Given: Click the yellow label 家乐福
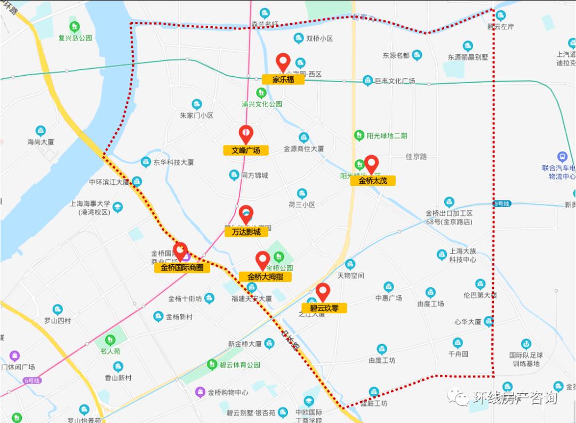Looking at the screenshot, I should pos(283,79).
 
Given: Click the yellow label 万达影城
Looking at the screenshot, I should pos(246,232).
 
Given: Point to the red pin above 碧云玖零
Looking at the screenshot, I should pos(323,292).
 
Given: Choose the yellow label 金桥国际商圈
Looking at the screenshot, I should pos(182,267).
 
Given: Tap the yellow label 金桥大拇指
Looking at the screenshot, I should pos(265,276).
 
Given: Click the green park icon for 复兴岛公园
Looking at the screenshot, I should pos(75,26).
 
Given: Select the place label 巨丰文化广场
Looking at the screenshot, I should pos(395,81).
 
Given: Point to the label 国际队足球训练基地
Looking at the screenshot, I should pos(525,359).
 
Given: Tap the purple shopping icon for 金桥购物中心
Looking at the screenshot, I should pos(200,392).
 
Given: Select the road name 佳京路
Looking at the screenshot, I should pos(416,157).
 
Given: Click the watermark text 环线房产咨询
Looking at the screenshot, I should pos(515,398).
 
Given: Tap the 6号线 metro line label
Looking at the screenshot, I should pos(32,380).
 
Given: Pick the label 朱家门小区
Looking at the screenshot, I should pos(196,115).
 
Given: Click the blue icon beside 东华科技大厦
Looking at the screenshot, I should pos(146,162).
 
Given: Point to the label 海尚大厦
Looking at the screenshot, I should pos(41,142).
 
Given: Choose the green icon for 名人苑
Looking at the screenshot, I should pos(110,339).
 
